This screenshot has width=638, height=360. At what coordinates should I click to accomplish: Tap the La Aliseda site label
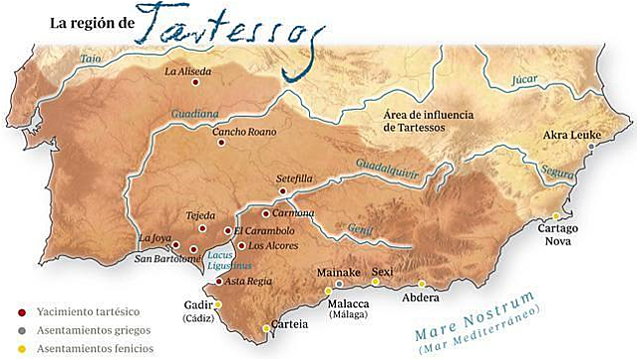point(188,71)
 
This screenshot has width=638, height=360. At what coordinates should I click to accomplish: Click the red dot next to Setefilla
point(283,190)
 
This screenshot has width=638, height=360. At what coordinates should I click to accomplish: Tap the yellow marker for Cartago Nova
point(556,215)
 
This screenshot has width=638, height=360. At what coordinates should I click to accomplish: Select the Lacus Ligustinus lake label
point(223,261)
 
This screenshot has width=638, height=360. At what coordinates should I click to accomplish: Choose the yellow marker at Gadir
point(218,305)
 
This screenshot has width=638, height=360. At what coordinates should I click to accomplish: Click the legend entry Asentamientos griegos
point(81,330)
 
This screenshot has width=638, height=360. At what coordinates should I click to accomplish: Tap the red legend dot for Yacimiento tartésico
point(22,311)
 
